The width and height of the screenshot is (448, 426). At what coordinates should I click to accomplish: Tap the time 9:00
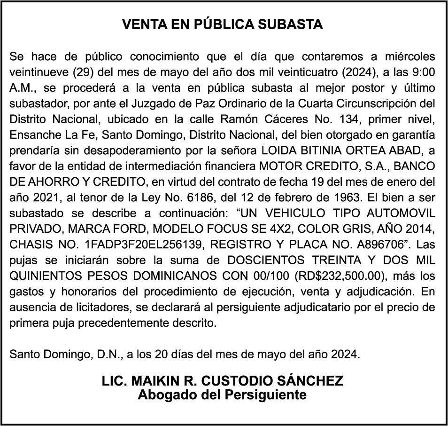pyautogui.click(x=423, y=73)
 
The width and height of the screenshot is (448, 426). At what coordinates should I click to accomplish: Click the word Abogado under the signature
pyautogui.click(x=168, y=394)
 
